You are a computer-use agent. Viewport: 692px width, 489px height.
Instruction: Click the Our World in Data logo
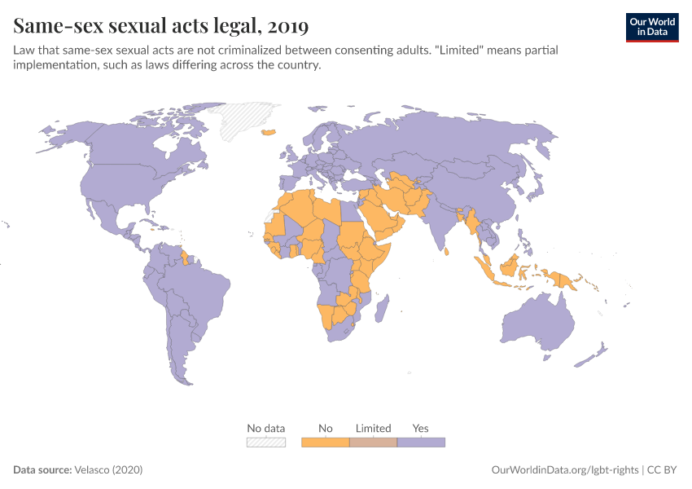[x=651, y=26]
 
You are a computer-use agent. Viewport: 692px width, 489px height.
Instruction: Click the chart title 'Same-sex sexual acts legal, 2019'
[x=161, y=26]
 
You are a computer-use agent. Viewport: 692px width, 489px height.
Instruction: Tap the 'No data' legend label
[x=266, y=428]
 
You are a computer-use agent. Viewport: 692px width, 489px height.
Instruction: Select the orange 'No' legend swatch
[x=326, y=443]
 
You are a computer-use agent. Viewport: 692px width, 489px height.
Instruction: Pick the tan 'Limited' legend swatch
[x=373, y=443]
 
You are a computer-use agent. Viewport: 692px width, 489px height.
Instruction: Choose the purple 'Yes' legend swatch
[x=421, y=443]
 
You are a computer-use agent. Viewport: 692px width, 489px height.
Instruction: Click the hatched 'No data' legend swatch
[x=266, y=443]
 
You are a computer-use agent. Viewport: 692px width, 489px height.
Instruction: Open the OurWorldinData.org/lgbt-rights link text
[x=566, y=470]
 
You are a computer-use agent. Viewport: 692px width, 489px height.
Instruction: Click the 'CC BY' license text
[x=664, y=470]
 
